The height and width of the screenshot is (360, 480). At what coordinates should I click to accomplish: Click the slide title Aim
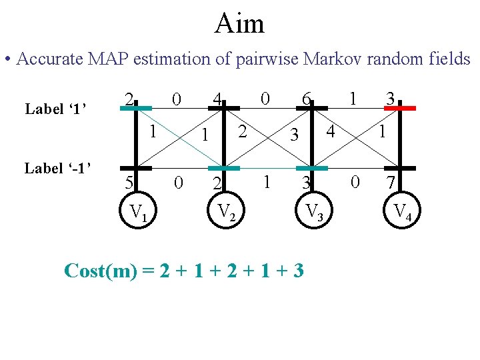click(x=239, y=24)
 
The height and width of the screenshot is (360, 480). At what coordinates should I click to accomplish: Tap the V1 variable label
click(x=139, y=213)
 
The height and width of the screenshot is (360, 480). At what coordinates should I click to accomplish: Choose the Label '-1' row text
click(x=57, y=168)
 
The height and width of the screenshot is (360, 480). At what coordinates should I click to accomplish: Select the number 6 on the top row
click(x=305, y=99)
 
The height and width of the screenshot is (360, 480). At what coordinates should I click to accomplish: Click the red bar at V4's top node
click(x=399, y=107)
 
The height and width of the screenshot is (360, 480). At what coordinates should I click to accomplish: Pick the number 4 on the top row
click(x=217, y=99)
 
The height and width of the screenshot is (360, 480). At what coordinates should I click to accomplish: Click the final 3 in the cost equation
click(x=298, y=271)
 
